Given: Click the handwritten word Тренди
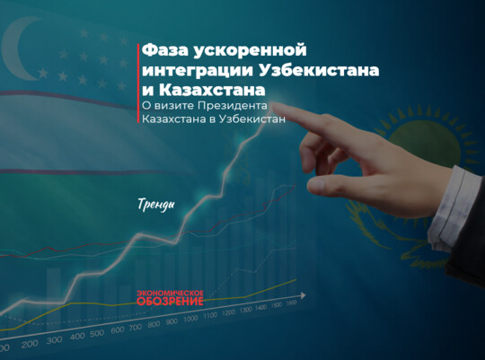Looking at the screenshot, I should (x=157, y=204).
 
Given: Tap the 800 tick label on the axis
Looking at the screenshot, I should (x=154, y=324).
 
